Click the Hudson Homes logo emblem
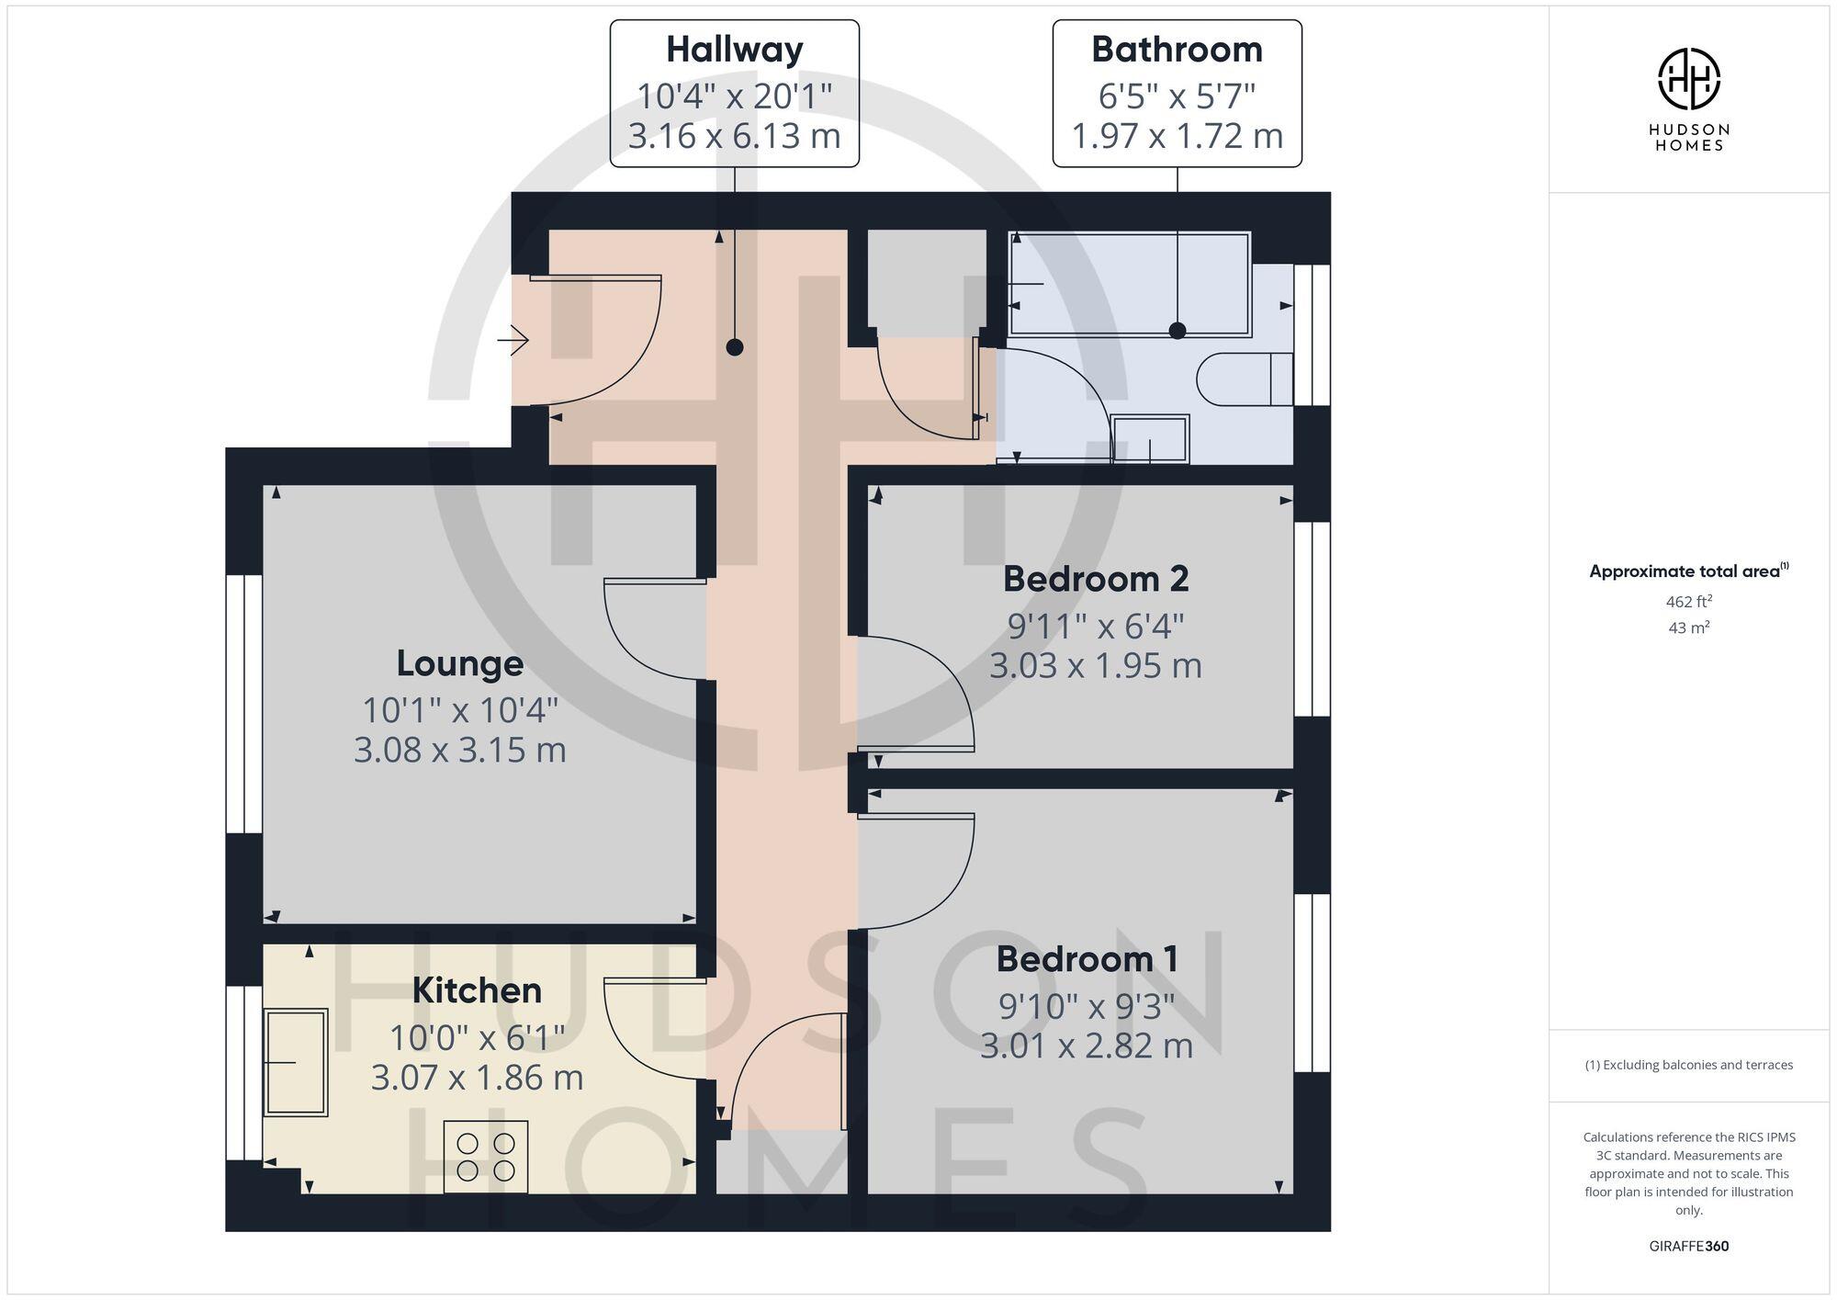[x=1688, y=80]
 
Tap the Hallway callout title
[x=734, y=50]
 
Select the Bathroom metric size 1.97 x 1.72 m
[x=1177, y=136]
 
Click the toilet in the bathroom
[x=1245, y=379]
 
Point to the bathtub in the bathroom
[x=1130, y=284]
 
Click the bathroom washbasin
[x=1150, y=439]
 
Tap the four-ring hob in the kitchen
[x=486, y=1157]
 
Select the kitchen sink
[x=296, y=1062]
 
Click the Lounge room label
[x=460, y=663]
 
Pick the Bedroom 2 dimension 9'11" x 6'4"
[x=1096, y=627]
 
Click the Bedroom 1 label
[x=1087, y=959]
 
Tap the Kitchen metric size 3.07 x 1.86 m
[x=477, y=1077]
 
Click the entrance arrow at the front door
[x=514, y=342]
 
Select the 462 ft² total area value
[x=1688, y=602]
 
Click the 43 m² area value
[x=1688, y=628]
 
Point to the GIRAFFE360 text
[x=1688, y=1247]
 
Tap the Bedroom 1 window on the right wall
[x=1313, y=982]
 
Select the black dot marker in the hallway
[x=734, y=347]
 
